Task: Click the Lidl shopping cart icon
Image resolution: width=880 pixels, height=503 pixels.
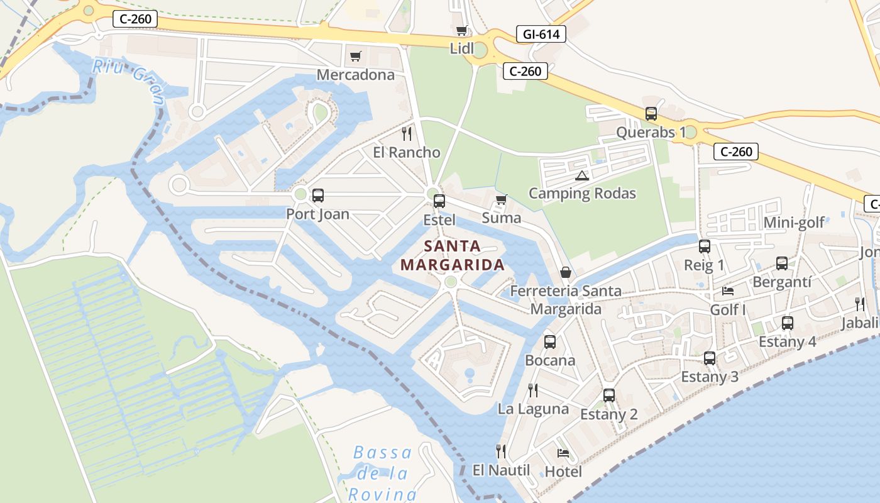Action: [462, 30]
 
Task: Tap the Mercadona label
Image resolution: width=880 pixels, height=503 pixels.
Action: [356, 75]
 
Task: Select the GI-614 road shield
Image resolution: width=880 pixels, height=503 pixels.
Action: [541, 34]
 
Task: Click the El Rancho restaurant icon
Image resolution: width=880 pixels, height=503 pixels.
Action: [407, 133]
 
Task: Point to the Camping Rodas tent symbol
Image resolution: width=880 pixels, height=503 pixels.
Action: [581, 175]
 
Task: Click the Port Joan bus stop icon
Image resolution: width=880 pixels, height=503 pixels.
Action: [318, 195]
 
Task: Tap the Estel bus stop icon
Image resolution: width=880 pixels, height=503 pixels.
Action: [439, 201]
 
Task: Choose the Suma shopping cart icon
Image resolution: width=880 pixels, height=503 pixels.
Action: [501, 200]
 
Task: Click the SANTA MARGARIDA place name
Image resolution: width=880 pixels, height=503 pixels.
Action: [453, 255]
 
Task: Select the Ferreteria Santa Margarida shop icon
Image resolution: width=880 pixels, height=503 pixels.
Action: [566, 272]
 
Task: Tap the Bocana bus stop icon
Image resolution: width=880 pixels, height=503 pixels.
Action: [550, 341]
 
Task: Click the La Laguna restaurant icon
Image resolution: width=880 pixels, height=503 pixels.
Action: [533, 390]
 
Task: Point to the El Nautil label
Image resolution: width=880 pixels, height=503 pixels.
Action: [502, 470]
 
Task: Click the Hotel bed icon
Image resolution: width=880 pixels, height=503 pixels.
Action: [563, 453]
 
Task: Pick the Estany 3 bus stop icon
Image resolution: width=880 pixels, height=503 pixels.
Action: [710, 358]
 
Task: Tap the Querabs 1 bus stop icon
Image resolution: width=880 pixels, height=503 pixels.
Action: [651, 114]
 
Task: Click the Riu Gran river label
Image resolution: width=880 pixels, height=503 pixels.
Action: [129, 79]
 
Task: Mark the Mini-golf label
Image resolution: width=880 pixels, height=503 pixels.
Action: [793, 223]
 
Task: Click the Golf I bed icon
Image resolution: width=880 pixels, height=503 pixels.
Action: [728, 291]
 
